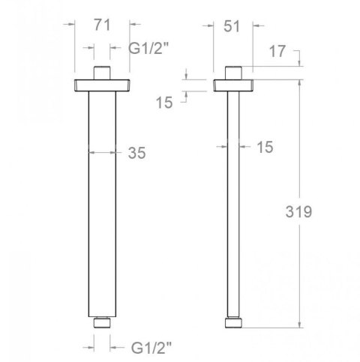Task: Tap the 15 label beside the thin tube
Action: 264,148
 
